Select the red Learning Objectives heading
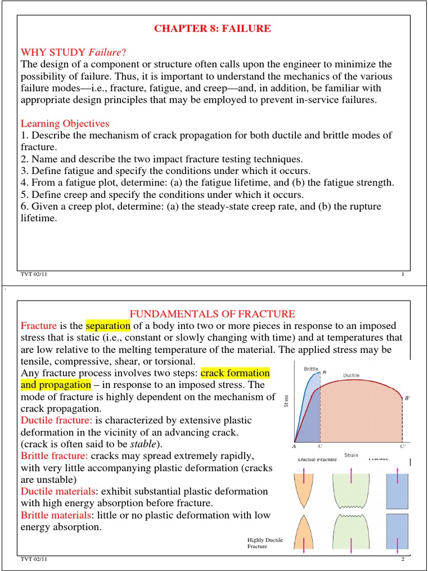(65, 123)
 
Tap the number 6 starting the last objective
(23, 207)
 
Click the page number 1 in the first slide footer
(402, 275)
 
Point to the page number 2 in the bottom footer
(402, 559)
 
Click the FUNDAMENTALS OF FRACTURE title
(212, 314)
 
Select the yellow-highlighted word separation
(108, 326)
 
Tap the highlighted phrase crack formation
(235, 372)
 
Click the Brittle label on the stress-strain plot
(311, 369)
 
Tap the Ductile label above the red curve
(351, 375)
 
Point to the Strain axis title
(351, 455)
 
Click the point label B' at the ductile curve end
(407, 398)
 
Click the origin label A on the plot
(294, 446)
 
